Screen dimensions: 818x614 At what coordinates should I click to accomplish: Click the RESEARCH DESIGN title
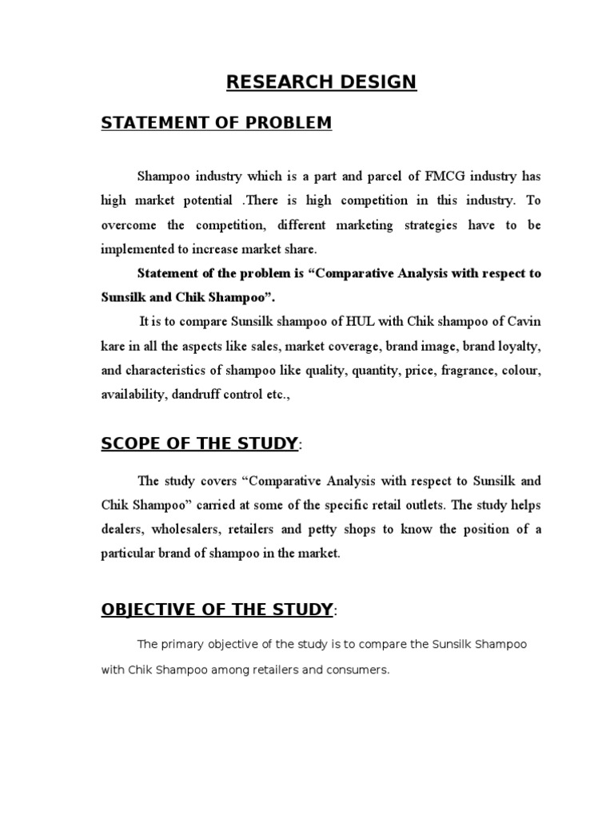tap(321, 81)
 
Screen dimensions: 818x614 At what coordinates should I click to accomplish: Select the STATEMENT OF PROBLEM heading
tap(216, 122)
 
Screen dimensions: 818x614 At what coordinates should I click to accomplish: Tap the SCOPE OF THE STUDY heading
tap(200, 443)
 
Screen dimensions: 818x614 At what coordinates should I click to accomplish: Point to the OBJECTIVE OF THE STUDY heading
tap(217, 610)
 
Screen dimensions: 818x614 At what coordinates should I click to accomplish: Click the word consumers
tap(362, 669)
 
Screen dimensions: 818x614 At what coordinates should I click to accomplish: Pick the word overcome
tap(128, 224)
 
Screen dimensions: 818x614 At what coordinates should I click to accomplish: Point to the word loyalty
tap(520, 346)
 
